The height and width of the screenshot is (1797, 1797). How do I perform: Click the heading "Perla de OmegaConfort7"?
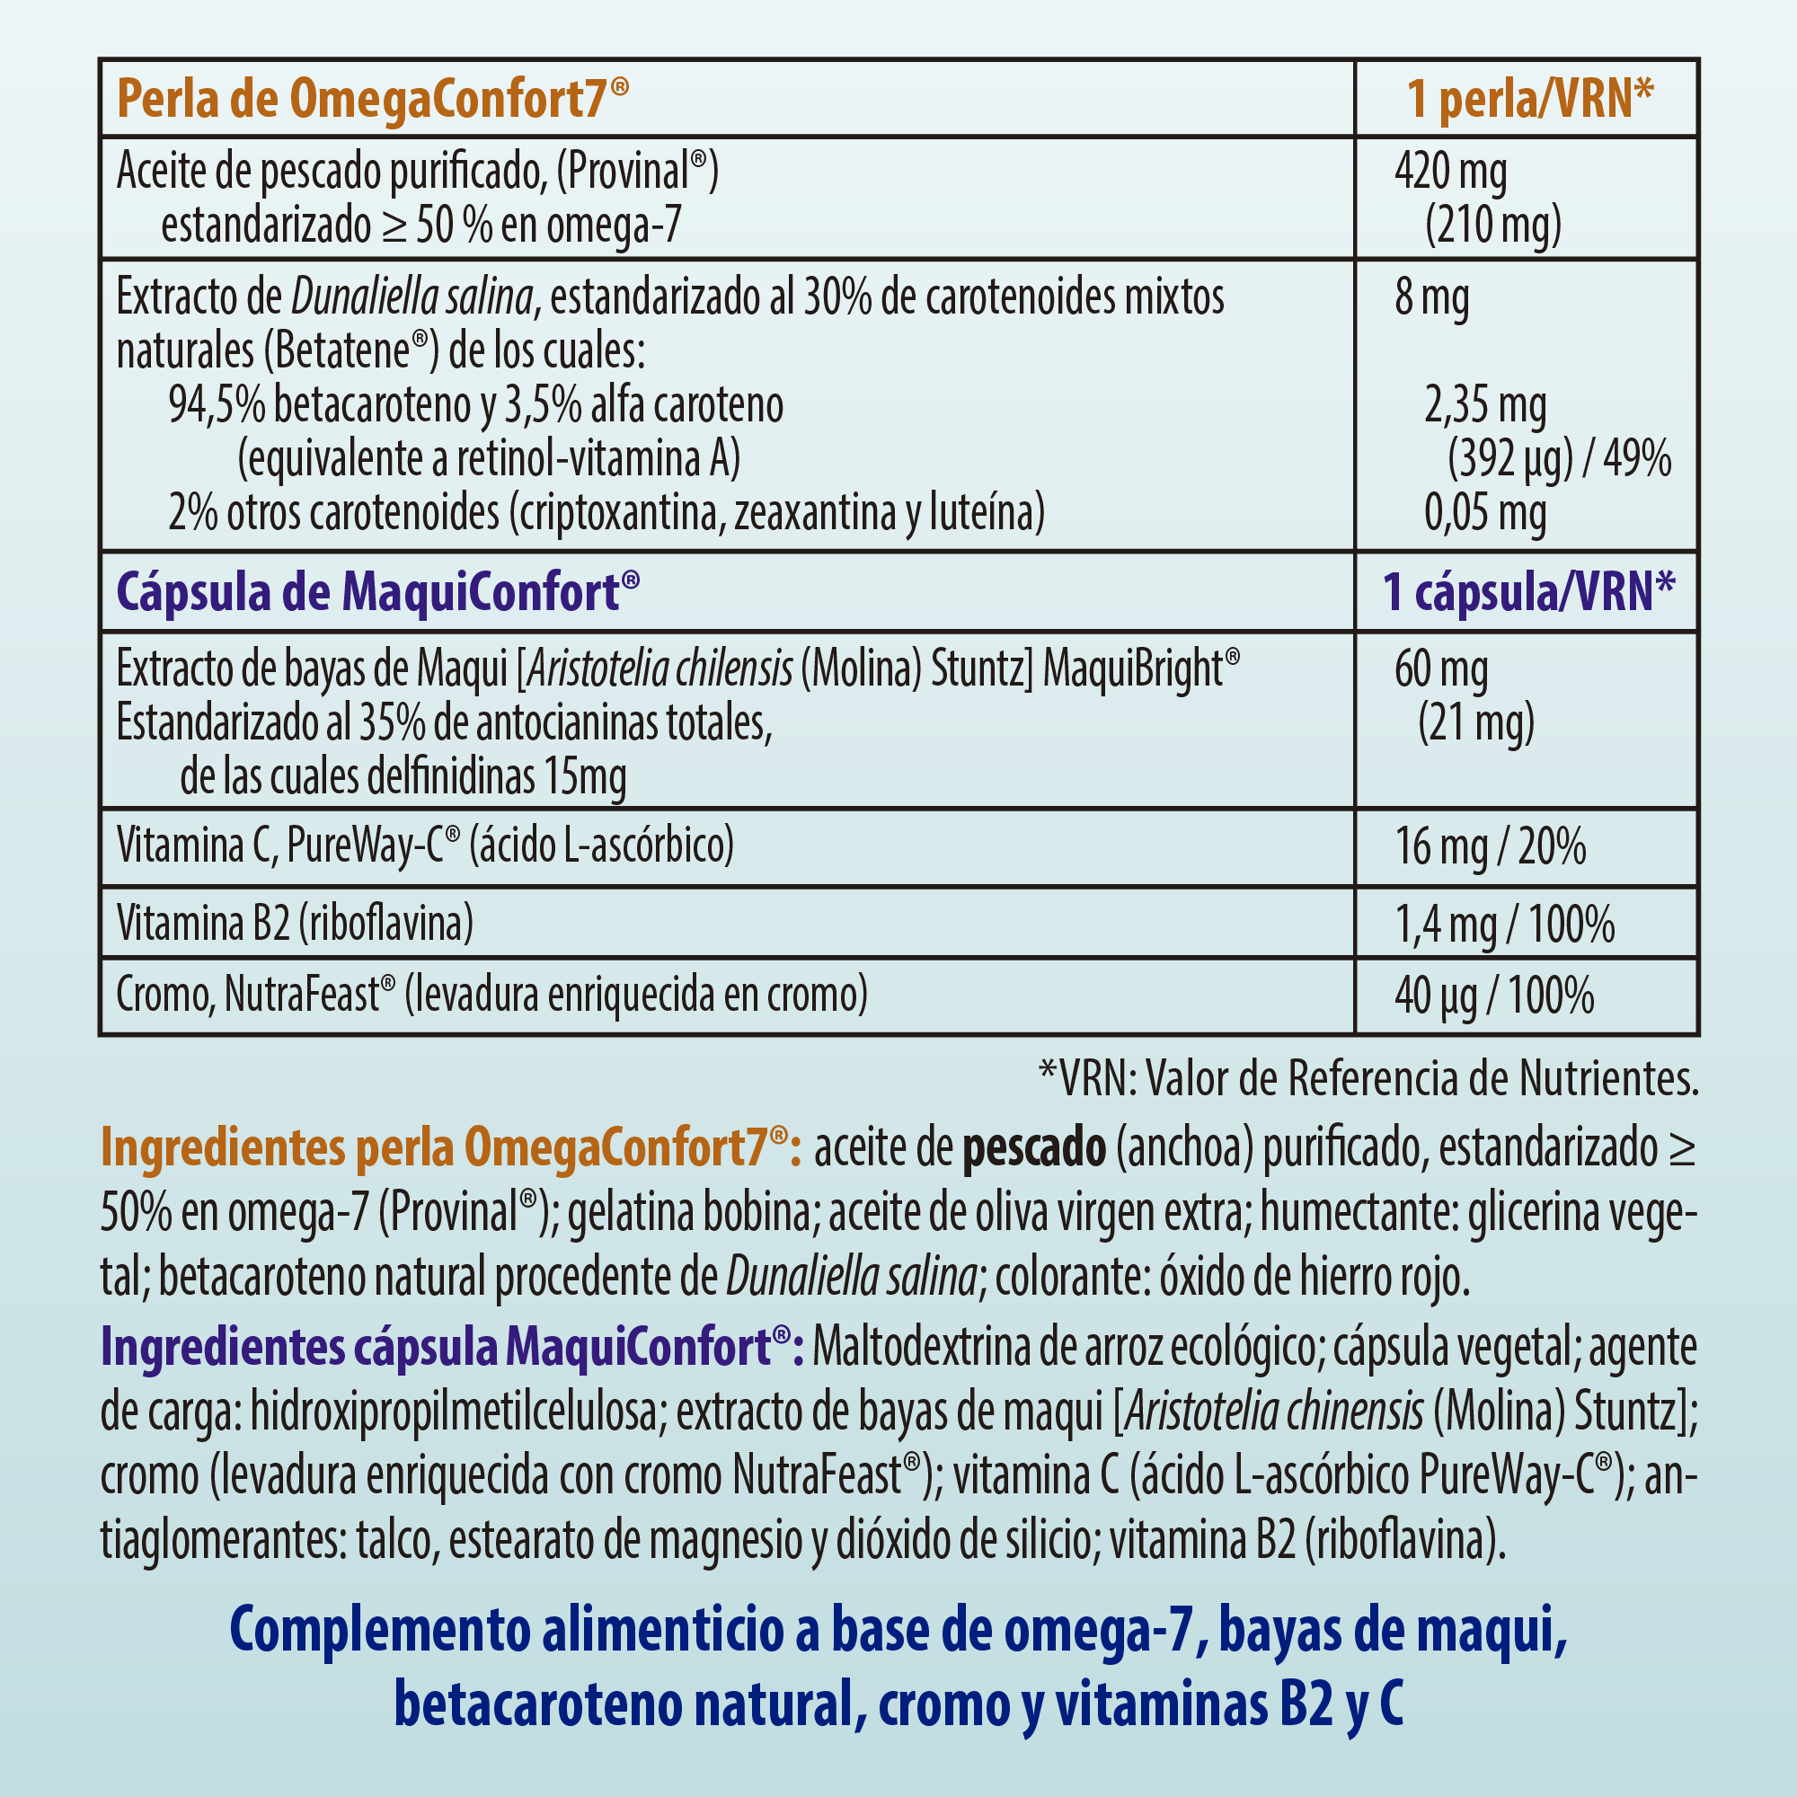372,99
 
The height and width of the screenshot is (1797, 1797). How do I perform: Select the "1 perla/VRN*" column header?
1530,99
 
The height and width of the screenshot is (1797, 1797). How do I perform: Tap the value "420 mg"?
1450,173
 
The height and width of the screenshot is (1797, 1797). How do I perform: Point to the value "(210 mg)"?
1492,226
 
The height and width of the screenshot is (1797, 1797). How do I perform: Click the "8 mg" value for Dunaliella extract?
1431,298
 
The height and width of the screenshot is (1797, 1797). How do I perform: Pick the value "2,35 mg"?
1485,405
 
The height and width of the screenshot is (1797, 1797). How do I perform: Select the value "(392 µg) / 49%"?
1559,459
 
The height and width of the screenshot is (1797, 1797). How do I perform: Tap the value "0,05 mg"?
1485,512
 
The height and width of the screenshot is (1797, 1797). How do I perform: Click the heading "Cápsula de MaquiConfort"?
377,592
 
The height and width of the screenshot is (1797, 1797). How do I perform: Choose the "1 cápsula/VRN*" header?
1528,592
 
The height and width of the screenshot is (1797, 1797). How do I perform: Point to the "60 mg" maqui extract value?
1441,669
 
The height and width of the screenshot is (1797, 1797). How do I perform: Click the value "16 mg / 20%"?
1490,847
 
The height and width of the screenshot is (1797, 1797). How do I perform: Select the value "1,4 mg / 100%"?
1504,925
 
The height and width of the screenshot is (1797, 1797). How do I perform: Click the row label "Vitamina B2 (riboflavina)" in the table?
295,924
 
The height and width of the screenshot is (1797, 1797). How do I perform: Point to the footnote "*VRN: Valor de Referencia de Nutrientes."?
1368,1079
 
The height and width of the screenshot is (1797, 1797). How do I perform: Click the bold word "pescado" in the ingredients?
1033,1148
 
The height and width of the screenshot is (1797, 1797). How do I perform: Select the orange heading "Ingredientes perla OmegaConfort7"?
450,1148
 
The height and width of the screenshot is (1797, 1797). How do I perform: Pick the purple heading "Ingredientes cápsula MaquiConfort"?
452,1346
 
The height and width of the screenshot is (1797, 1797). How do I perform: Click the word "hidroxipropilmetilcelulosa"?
453,1412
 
